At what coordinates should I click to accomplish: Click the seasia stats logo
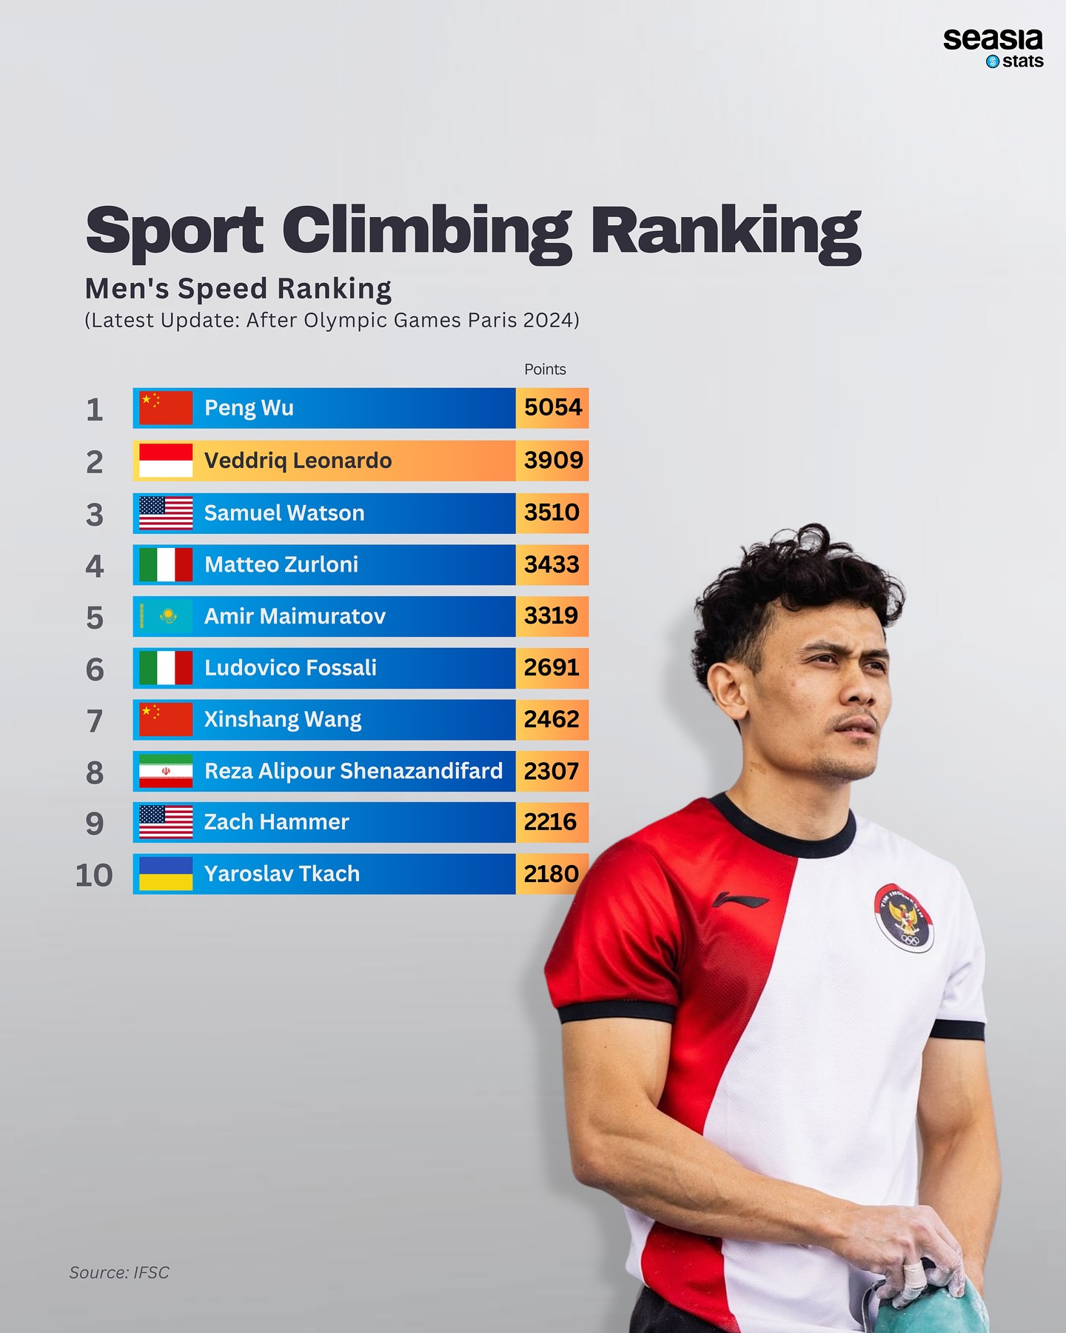point(993,49)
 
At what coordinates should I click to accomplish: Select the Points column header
point(545,369)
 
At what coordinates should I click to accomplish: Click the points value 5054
point(553,407)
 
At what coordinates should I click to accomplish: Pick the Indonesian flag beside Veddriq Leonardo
point(166,461)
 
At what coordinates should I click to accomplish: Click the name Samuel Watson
point(284,513)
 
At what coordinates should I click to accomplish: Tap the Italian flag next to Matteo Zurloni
point(166,565)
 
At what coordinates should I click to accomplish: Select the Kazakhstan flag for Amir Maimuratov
point(166,616)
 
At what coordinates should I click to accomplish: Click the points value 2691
point(552,667)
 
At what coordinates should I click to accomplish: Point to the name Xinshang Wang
point(283,720)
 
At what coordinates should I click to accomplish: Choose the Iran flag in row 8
point(166,771)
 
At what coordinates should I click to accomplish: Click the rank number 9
point(94,823)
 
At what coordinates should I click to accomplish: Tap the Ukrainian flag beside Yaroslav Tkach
point(166,874)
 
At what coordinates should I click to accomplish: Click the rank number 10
point(94,875)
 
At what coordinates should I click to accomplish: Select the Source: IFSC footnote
point(119,1272)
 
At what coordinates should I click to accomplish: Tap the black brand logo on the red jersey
point(740,900)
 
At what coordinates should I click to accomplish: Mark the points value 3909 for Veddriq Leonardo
point(553,460)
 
